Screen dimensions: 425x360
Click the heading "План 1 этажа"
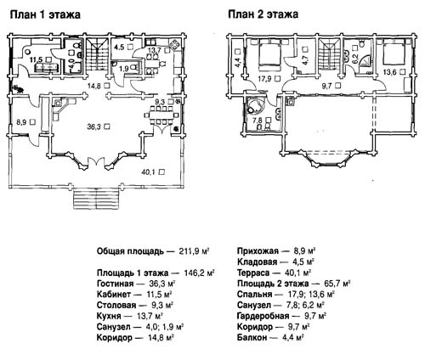click(45, 14)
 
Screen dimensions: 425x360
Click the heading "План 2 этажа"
click(263, 14)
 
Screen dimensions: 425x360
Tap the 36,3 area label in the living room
click(94, 127)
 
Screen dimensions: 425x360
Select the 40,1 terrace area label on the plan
click(150, 172)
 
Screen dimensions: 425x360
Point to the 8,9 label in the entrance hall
click(22, 122)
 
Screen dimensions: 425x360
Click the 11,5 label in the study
click(37, 59)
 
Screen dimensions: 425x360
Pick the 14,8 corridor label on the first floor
click(94, 85)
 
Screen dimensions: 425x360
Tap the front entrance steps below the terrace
click(97, 200)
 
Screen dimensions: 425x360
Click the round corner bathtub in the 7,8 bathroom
click(255, 104)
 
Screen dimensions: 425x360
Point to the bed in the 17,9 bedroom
click(269, 54)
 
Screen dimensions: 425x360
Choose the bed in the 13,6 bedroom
click(394, 53)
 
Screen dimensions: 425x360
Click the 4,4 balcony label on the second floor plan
click(238, 62)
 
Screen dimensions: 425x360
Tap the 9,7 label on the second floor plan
click(328, 85)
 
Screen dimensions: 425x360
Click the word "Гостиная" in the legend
click(115, 284)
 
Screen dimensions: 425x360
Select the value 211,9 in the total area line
click(190, 251)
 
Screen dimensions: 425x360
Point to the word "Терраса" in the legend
click(253, 273)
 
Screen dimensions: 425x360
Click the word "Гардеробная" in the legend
click(263, 316)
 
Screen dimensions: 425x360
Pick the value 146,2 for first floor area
click(194, 273)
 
